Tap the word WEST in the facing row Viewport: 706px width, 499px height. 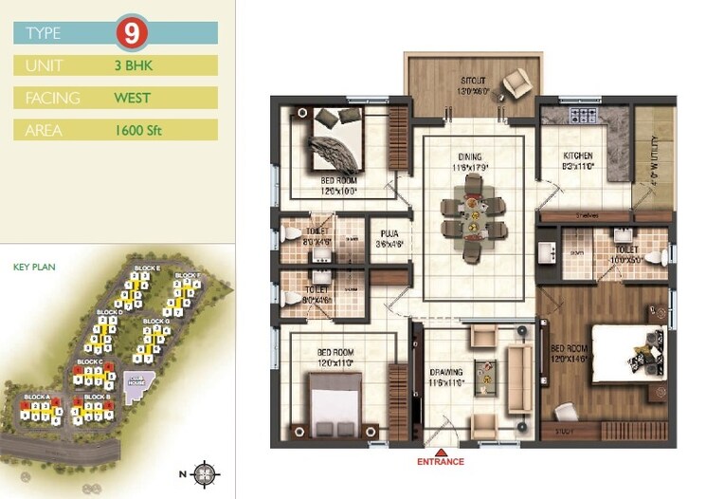(x=133, y=97)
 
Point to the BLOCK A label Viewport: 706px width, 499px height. (x=36, y=396)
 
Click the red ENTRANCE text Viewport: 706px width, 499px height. (x=441, y=462)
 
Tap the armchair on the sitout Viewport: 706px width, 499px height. (x=516, y=84)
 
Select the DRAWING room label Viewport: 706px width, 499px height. (x=449, y=373)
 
